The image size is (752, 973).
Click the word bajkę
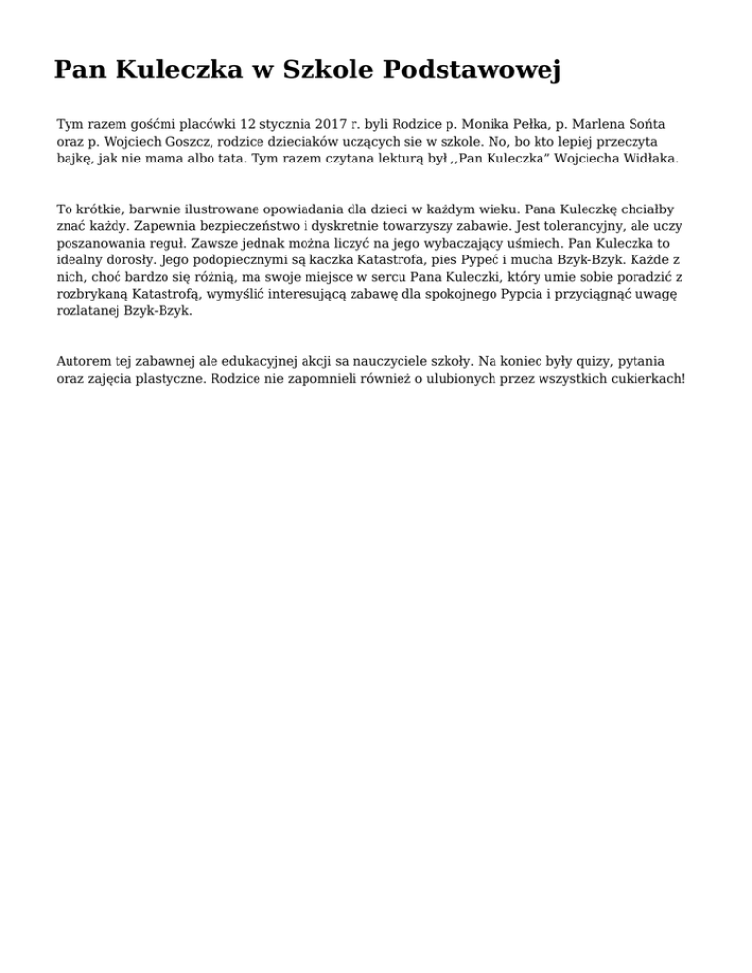[x=75, y=158]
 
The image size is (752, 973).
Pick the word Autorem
[x=84, y=360]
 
